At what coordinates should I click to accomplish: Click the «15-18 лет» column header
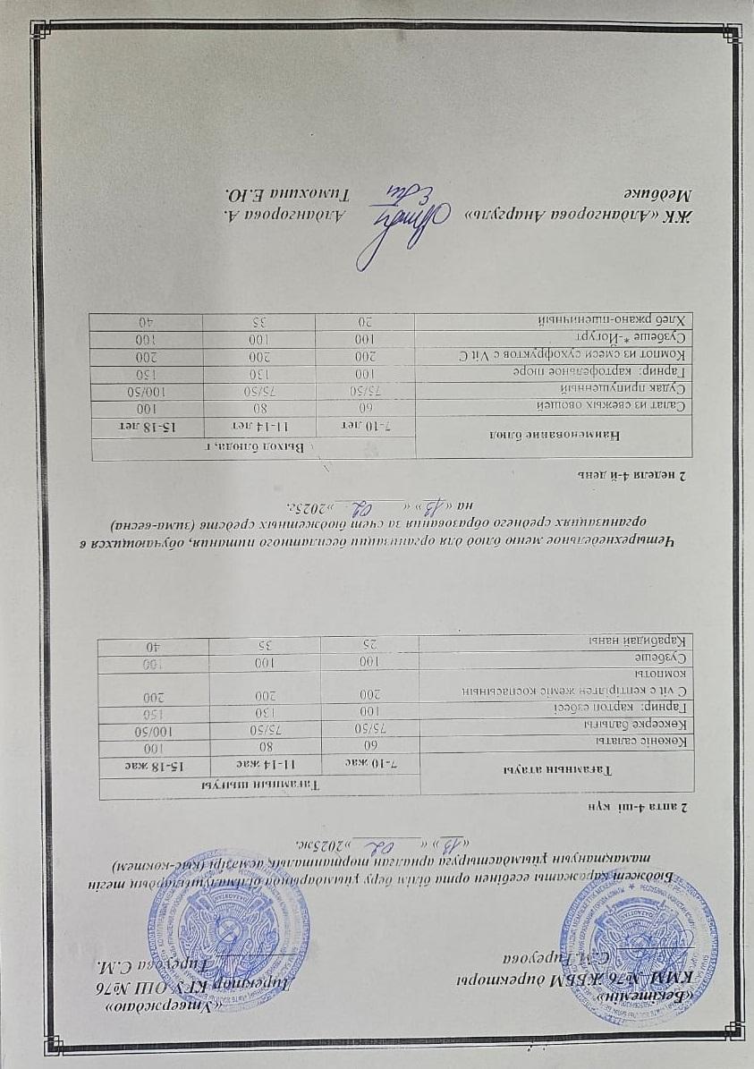tap(148, 421)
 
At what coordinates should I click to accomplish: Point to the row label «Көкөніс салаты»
tap(648, 742)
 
